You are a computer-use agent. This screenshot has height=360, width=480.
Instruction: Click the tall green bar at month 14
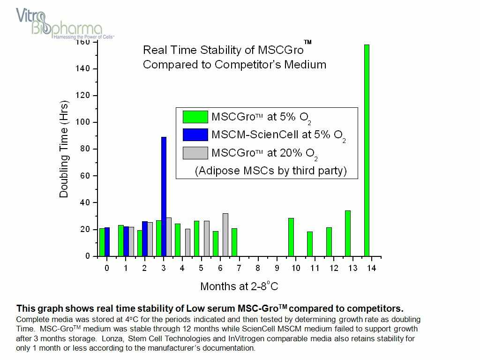pyautogui.click(x=367, y=150)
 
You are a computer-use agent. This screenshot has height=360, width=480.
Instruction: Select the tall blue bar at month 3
pyautogui.click(x=164, y=197)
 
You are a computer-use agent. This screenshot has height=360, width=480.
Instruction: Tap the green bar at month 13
pyautogui.click(x=348, y=233)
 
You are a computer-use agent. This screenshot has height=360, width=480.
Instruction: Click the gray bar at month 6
pyautogui.click(x=225, y=235)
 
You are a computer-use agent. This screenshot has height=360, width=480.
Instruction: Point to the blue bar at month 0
pyautogui.click(x=107, y=242)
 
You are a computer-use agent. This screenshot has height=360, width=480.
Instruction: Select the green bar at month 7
pyautogui.click(x=234, y=242)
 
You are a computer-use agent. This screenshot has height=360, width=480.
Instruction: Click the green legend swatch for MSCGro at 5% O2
pyautogui.click(x=195, y=117)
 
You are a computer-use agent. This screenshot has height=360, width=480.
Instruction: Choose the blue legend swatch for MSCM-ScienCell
pyautogui.click(x=195, y=135)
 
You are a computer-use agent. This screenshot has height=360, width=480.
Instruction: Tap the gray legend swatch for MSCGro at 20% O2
pyautogui.click(x=195, y=152)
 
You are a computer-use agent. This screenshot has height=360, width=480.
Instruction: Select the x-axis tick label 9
pyautogui.click(x=277, y=268)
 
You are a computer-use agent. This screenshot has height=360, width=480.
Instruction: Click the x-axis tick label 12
pyautogui.click(x=333, y=268)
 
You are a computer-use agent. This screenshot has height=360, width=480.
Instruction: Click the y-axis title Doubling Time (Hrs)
pyautogui.click(x=64, y=149)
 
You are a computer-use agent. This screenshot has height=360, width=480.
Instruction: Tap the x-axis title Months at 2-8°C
pyautogui.click(x=239, y=286)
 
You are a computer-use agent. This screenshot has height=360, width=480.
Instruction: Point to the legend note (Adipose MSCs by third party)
pyautogui.click(x=270, y=171)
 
